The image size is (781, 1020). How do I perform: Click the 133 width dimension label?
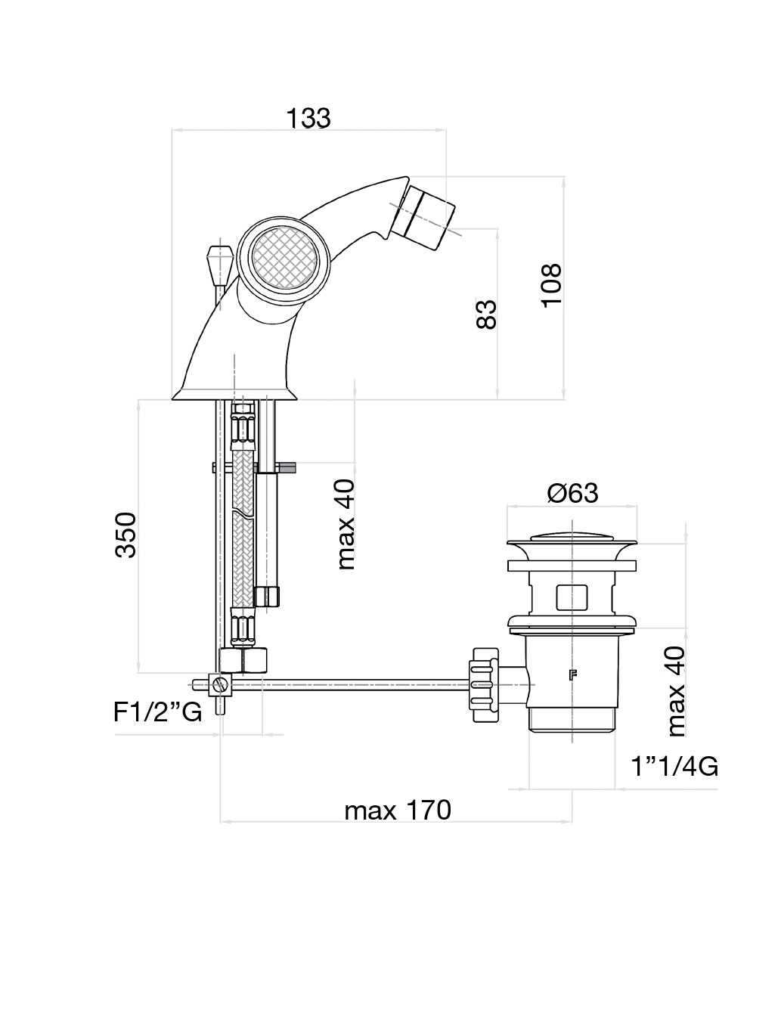[x=308, y=118]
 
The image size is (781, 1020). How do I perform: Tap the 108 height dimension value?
[x=552, y=284]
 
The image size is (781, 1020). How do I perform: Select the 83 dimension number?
[x=487, y=314]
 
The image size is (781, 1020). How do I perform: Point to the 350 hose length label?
[x=126, y=535]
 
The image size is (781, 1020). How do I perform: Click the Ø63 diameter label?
[x=572, y=493]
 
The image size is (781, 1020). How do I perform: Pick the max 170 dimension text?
[x=398, y=811]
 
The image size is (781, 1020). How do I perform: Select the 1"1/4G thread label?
[x=674, y=767]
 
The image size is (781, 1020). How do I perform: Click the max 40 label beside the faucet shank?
[x=346, y=524]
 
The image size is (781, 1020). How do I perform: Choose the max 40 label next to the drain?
[x=676, y=691]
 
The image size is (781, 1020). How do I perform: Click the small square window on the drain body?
[x=572, y=596]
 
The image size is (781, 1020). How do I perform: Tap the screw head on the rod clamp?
[x=220, y=686]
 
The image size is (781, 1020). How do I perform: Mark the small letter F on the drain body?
[x=572, y=675]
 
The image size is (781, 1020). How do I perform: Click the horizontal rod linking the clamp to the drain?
[x=363, y=685]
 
